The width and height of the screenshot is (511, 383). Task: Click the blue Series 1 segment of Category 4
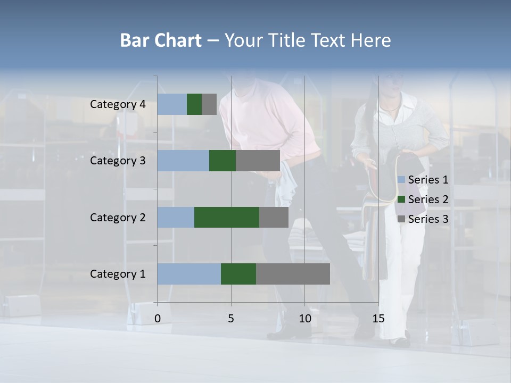tap(172, 104)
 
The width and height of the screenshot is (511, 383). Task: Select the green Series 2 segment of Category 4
tap(194, 104)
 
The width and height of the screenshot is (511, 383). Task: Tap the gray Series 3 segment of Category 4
tap(209, 104)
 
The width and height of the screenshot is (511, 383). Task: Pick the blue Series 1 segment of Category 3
tap(183, 161)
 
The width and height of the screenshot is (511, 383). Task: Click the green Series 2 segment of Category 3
tap(222, 161)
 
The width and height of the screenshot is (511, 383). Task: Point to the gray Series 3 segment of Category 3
tap(258, 161)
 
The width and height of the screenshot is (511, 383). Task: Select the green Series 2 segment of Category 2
tap(227, 217)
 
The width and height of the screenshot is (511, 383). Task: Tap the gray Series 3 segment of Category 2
tap(274, 217)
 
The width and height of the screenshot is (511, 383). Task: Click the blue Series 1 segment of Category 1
tap(189, 274)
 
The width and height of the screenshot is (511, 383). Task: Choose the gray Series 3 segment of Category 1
tap(293, 274)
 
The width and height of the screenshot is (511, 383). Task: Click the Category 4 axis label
tap(118, 104)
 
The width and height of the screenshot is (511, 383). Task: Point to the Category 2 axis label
tap(118, 218)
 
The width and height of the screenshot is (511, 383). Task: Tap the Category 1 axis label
tap(118, 274)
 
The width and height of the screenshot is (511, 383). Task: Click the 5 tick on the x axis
tap(231, 319)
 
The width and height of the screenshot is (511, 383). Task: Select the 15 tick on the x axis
tap(378, 319)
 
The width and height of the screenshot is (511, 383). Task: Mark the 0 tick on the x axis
tap(158, 319)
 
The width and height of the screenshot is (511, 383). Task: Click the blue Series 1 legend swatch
tap(401, 180)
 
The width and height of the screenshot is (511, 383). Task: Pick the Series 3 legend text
tap(428, 219)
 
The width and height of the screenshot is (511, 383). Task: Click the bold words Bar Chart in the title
tap(160, 40)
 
